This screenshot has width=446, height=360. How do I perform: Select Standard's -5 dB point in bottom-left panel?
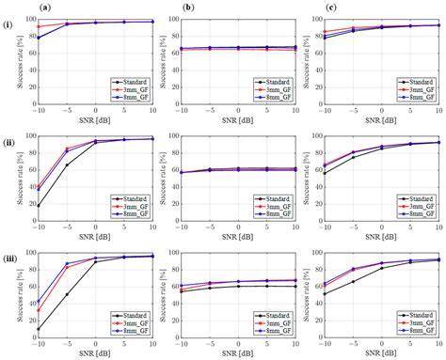click(66, 294)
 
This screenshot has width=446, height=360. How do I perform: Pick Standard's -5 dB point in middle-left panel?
click(66, 165)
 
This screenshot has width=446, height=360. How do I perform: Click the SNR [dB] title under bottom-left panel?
click(94, 354)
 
